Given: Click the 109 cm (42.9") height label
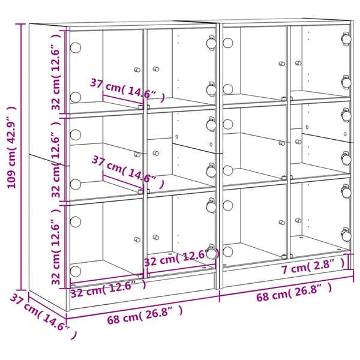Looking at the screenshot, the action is pos(11,148).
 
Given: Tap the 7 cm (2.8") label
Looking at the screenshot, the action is pos(313,266).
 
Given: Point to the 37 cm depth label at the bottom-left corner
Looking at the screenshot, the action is pos(43,316).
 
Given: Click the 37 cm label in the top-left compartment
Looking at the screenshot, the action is pos(127,90).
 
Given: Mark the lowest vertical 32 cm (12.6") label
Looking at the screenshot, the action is pos(56,247).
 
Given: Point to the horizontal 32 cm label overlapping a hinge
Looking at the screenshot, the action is pos(182,258).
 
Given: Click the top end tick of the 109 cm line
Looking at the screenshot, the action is pos(20,23).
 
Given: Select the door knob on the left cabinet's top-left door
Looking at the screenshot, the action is pos(137,70).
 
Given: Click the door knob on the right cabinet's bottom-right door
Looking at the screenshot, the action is pos(298,221).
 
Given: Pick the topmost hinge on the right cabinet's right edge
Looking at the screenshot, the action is pos(346,38).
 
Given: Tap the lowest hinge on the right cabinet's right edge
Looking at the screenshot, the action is pos(346,235).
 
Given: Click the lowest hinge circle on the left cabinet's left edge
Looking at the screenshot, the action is pos(76,271).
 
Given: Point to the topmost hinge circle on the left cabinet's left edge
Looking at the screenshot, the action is pos(76,47).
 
